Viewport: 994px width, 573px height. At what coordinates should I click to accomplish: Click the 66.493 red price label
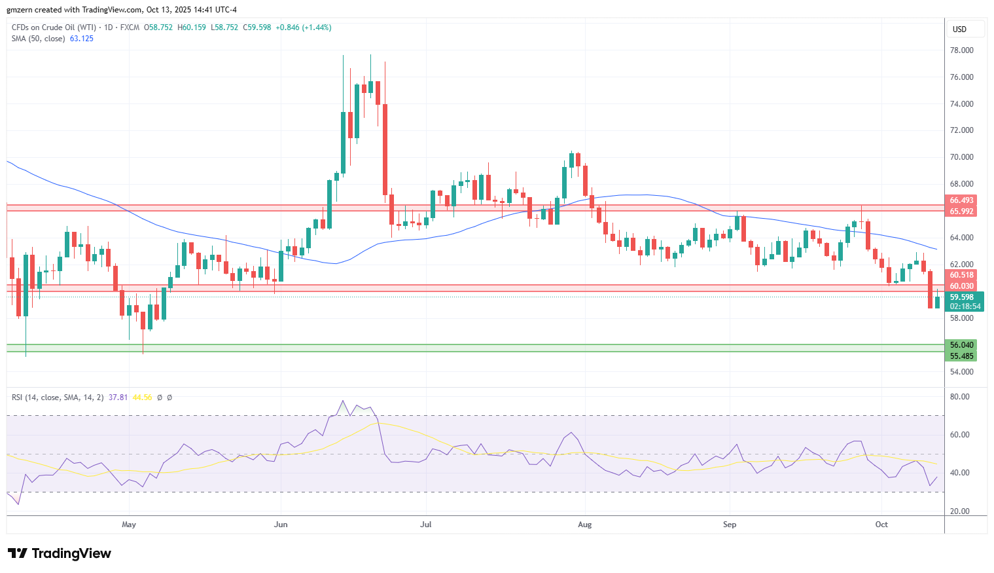[x=961, y=200]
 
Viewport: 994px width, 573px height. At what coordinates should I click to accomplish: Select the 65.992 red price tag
[x=961, y=212]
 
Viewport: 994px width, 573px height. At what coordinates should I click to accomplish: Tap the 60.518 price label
[x=961, y=275]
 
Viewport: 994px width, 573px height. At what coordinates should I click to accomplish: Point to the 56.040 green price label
[x=961, y=345]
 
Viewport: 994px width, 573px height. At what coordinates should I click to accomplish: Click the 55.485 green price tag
[x=961, y=356]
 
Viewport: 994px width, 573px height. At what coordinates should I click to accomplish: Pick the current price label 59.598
[x=961, y=297]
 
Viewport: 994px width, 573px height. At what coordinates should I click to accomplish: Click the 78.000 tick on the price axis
[x=961, y=50]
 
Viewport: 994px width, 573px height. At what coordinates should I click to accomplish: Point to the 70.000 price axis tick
[x=961, y=157]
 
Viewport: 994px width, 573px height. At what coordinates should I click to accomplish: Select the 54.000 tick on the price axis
[x=961, y=372]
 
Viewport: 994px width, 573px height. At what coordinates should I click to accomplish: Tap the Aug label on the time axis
[x=585, y=525]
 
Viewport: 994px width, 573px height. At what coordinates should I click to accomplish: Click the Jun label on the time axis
[x=281, y=525]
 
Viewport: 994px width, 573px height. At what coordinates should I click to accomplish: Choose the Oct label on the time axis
[x=881, y=525]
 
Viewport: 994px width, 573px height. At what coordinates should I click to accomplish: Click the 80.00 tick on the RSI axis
[x=959, y=397]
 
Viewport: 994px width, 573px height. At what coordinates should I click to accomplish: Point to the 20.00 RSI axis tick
[x=959, y=511]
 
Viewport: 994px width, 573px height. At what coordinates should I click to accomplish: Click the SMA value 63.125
[x=82, y=39]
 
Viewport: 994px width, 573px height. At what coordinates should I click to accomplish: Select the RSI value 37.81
[x=118, y=397]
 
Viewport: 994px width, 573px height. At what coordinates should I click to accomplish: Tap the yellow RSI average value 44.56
[x=142, y=397]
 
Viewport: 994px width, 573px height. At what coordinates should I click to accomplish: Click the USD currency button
[x=959, y=29]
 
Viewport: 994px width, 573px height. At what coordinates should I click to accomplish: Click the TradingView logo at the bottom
[x=60, y=553]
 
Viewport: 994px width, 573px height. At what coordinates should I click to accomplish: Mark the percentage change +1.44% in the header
[x=317, y=28]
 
